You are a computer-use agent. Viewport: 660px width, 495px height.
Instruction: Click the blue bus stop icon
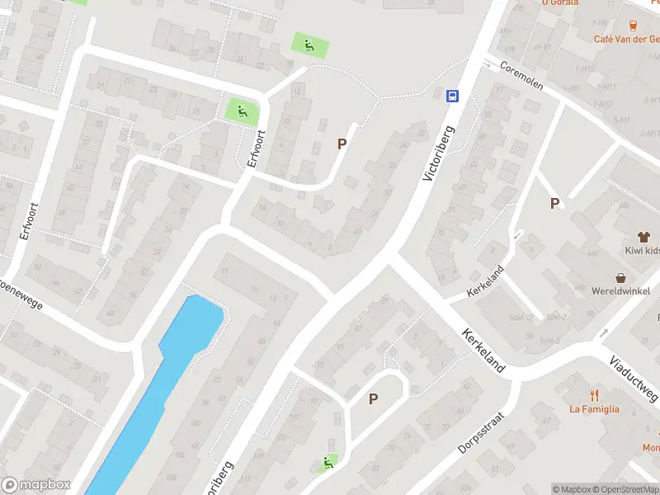click(453, 96)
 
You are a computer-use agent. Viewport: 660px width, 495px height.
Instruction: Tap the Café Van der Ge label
click(626, 38)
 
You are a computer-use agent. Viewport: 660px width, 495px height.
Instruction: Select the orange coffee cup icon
click(634, 25)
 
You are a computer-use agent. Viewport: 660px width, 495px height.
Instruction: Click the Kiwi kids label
click(641, 250)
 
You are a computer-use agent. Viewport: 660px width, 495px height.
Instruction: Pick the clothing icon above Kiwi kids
click(637, 236)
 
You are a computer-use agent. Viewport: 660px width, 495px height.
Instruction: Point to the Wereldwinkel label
click(620, 291)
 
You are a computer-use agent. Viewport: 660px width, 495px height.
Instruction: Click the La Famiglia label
click(594, 408)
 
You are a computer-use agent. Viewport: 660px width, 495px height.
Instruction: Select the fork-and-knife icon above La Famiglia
click(593, 394)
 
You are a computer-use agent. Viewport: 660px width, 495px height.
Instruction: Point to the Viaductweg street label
click(634, 367)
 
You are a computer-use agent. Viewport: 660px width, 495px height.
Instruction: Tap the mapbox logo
click(36, 485)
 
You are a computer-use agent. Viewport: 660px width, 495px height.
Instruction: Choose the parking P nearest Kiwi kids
click(554, 203)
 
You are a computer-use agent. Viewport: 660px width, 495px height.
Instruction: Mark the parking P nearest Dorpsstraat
click(373, 398)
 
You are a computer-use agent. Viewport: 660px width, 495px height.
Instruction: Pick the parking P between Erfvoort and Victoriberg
click(342, 144)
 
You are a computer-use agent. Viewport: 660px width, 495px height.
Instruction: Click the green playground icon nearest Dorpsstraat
click(329, 463)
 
